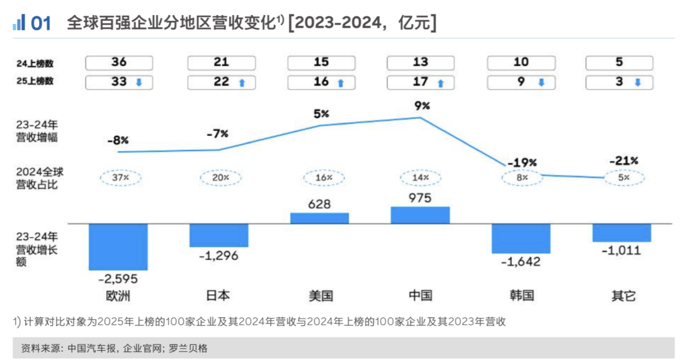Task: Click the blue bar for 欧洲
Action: point(118,247)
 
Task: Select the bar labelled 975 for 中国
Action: point(421,215)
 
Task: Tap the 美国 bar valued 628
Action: point(319,218)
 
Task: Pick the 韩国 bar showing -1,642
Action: point(521,238)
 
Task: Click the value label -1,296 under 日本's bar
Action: point(218,256)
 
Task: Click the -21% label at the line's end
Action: point(623,161)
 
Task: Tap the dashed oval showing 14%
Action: point(421,178)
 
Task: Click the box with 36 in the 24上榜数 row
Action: point(118,62)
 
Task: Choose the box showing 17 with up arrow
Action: point(421,82)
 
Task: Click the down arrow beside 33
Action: point(139,82)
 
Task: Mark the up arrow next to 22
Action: point(241,82)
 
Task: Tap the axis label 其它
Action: point(623,295)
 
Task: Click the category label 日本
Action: point(218,295)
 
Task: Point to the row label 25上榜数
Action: point(35,81)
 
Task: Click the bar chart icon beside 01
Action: point(18,23)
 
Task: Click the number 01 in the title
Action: point(41,24)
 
